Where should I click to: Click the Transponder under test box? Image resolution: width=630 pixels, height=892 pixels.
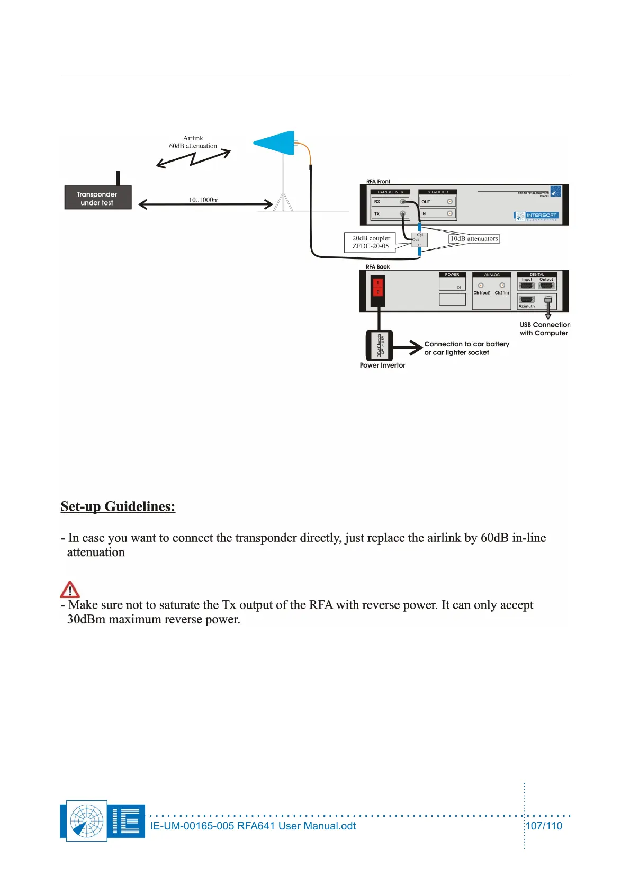point(97,198)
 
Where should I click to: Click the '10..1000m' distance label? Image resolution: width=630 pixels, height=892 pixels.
point(203,200)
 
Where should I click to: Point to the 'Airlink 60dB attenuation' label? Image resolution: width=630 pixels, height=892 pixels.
point(193,142)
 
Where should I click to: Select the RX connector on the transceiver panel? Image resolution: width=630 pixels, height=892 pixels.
point(403,202)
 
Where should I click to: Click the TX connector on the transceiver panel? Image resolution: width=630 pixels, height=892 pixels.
point(403,214)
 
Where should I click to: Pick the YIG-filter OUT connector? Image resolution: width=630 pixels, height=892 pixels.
point(449,202)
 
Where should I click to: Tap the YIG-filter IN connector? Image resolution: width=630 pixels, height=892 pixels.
point(449,213)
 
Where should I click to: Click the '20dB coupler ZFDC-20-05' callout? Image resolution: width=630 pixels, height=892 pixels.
point(371,242)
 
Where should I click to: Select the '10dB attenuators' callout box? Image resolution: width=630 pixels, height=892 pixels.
point(474,239)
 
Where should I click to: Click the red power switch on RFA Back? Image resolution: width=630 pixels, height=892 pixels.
point(377,288)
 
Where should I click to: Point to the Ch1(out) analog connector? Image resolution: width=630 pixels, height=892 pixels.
point(481,286)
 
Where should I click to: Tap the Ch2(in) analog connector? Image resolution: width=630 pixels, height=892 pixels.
point(502,286)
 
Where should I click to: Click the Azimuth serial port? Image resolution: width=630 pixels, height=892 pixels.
point(527,299)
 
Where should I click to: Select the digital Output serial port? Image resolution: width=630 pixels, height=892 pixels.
point(546,286)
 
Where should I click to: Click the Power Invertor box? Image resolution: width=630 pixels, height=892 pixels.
point(379,345)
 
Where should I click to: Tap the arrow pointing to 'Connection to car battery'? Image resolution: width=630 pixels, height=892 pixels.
point(408,347)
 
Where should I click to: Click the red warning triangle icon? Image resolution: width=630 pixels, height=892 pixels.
point(70,590)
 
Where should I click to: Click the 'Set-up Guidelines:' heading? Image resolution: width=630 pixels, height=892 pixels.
point(118,506)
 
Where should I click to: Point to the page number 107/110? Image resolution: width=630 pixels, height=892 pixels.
point(544,826)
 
